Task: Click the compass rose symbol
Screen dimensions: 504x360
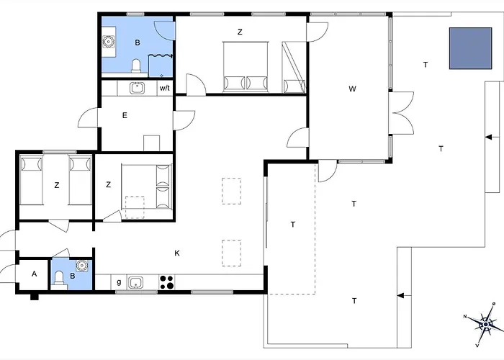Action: (x=485, y=325)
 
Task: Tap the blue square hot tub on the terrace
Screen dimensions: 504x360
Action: (x=471, y=48)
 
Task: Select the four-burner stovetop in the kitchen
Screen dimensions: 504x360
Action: (x=167, y=282)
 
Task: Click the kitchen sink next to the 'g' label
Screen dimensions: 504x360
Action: (x=135, y=282)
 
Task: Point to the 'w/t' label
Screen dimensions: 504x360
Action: (x=165, y=88)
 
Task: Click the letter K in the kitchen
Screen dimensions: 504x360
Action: (x=177, y=253)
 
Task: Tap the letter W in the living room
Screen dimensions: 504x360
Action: (x=352, y=89)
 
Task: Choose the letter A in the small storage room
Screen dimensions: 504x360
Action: (x=34, y=274)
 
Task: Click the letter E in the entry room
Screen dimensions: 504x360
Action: (x=125, y=115)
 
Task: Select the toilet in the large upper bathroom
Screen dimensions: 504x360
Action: (x=136, y=66)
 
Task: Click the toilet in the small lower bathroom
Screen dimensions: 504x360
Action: (x=59, y=279)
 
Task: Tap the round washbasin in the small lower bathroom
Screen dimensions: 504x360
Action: (x=82, y=266)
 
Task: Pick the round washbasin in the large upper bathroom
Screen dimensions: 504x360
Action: (x=108, y=42)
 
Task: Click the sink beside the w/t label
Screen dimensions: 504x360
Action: (x=138, y=88)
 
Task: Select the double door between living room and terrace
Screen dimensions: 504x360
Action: (x=401, y=113)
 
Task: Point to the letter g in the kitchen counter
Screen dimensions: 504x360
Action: (x=119, y=282)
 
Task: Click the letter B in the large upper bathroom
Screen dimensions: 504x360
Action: (x=138, y=42)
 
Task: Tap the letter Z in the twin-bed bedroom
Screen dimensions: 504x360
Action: (x=57, y=185)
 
